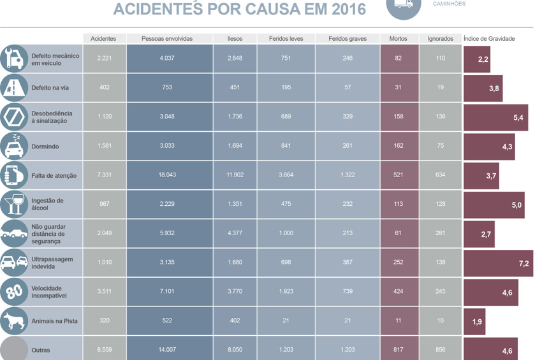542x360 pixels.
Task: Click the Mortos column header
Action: pyautogui.click(x=398, y=39)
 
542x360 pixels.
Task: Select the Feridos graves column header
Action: pyautogui.click(x=348, y=39)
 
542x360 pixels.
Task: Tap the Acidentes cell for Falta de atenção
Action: pyautogui.click(x=105, y=175)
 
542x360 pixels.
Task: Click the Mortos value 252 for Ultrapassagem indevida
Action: pyautogui.click(x=398, y=263)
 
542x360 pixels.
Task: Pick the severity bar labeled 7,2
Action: pyautogui.click(x=498, y=263)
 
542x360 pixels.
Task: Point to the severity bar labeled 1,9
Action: pyautogui.click(x=474, y=321)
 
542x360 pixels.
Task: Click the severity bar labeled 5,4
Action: pyautogui.click(x=495, y=117)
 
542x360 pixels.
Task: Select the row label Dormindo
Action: pyautogui.click(x=45, y=147)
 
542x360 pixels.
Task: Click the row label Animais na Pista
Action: pyautogui.click(x=54, y=321)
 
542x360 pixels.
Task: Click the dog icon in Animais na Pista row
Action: pyautogui.click(x=14, y=321)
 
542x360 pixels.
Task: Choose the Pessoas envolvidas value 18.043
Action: pyautogui.click(x=167, y=175)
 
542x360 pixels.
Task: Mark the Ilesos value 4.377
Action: pyautogui.click(x=235, y=233)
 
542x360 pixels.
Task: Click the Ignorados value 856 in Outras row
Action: pyautogui.click(x=441, y=350)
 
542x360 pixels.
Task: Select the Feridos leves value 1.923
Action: pyautogui.click(x=286, y=292)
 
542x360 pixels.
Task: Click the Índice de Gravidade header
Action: pyautogui.click(x=489, y=39)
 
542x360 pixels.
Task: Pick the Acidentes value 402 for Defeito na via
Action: pyautogui.click(x=105, y=88)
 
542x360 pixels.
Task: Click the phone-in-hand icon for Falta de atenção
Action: pyautogui.click(x=14, y=175)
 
